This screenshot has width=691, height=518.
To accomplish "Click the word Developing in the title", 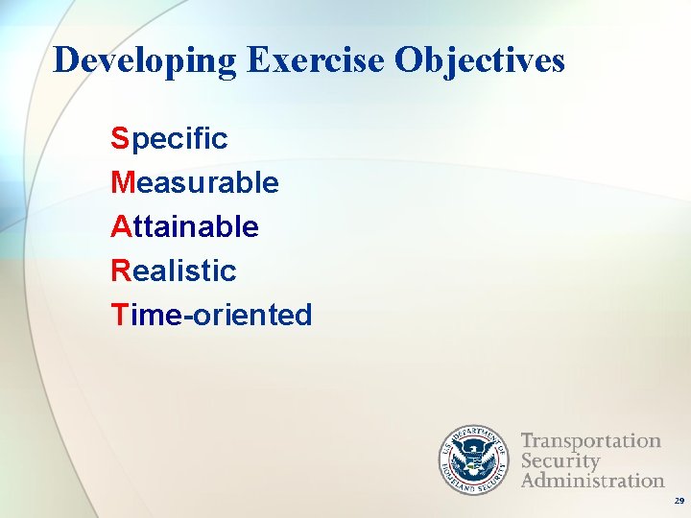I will click(145, 61).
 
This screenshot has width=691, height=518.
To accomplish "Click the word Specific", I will click(169, 139).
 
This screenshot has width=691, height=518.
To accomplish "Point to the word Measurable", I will click(195, 182).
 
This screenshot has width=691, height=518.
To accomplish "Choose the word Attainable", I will click(184, 226).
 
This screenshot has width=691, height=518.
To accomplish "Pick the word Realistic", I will click(174, 271).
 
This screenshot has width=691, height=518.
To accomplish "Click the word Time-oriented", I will click(211, 315).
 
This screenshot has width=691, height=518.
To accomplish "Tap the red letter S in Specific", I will click(119, 138).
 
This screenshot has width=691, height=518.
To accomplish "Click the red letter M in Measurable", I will click(122, 182).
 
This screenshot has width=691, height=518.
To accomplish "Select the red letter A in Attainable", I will click(120, 226).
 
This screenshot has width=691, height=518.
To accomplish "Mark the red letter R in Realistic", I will click(120, 271).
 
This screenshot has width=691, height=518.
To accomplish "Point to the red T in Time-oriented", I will click(119, 315).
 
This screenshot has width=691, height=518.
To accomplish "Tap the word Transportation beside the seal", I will click(590, 441).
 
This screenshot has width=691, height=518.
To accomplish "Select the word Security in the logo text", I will click(560, 461).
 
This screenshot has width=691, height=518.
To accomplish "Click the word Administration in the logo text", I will click(592, 480).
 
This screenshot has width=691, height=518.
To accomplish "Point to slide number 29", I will click(679, 501).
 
